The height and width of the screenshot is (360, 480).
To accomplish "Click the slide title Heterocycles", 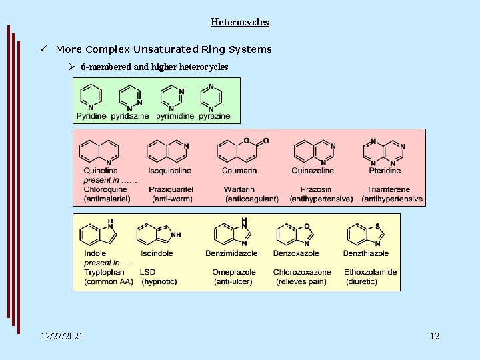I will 240,22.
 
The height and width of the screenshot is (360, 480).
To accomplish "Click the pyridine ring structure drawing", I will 91,97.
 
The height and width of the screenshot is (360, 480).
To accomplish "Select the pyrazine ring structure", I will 211,97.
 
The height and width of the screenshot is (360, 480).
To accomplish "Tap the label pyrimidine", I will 175,116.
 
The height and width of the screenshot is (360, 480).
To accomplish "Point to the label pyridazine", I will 130,116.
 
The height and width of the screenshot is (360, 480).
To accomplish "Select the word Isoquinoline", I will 169,171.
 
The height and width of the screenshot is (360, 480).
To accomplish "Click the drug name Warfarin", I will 239,190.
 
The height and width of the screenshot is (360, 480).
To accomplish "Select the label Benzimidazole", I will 231,253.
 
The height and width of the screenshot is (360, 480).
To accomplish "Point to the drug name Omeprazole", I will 234,272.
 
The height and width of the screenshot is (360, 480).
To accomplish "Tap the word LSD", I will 147,272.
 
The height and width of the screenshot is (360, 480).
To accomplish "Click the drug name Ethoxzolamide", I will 370,272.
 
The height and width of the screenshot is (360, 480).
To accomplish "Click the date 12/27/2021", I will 62,336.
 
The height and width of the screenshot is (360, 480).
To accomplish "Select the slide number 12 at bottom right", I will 435,336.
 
